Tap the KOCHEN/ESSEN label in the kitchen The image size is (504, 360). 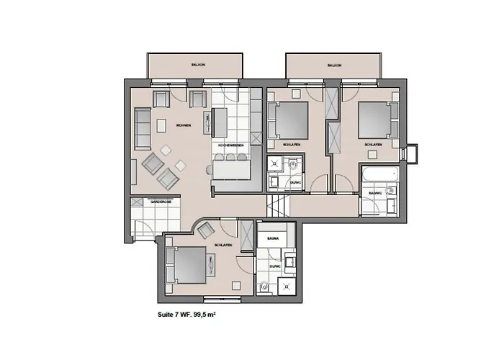[x=230, y=145]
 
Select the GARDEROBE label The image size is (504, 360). [x=160, y=202]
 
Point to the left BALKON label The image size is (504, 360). [x=199, y=65]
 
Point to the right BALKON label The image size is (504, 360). [x=333, y=65]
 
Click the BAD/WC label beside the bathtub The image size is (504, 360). [x=375, y=193]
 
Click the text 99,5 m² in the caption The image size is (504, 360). [x=204, y=315]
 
